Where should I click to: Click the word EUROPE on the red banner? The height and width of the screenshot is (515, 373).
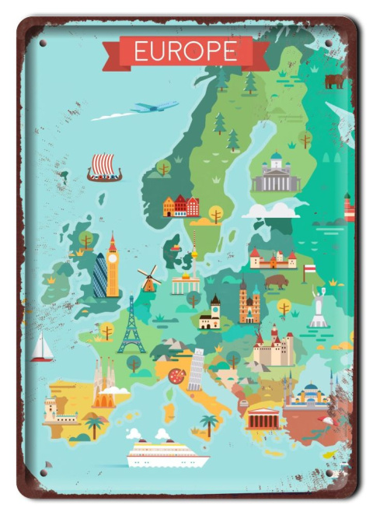tap(186, 51)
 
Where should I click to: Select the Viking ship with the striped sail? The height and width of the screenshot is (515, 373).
tap(104, 167)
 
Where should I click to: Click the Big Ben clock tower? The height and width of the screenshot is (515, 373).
tap(113, 266)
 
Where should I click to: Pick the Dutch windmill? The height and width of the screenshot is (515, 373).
tap(149, 278)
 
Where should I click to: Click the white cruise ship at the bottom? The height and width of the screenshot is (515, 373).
tap(168, 454)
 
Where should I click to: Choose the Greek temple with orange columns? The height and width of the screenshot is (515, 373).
tap(262, 419)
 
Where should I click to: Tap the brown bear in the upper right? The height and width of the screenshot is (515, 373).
tap(334, 80)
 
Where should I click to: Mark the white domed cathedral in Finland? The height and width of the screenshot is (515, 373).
tap(275, 174)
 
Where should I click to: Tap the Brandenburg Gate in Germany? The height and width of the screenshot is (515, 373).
tap(186, 283)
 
